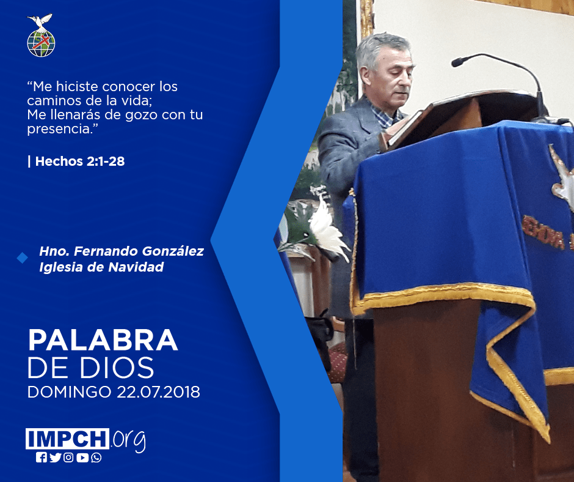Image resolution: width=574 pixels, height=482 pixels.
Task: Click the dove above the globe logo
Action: [x=40, y=21]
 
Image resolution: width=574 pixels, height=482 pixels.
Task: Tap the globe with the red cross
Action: [x=41, y=43]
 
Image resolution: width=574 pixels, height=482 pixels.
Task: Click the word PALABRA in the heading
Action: [x=103, y=340]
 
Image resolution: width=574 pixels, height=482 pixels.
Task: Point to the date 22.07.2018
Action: [x=159, y=391]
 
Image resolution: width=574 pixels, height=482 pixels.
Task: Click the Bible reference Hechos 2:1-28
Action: [x=80, y=161]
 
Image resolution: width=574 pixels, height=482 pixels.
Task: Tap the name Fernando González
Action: [x=139, y=251]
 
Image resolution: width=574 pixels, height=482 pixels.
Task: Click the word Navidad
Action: [x=136, y=267]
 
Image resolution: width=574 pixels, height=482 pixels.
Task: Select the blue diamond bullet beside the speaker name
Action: [x=23, y=258]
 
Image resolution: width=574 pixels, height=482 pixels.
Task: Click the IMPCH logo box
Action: [x=67, y=439]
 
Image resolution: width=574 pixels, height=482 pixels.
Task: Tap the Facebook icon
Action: [x=41, y=458]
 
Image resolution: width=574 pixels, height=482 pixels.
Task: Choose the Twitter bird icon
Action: [x=55, y=458]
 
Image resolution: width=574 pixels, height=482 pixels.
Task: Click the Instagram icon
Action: [x=68, y=458]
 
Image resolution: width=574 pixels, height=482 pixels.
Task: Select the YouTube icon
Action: [x=82, y=458]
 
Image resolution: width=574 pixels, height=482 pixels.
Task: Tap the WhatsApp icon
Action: [x=96, y=458]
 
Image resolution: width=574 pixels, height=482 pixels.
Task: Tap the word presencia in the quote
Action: [x=59, y=129]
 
